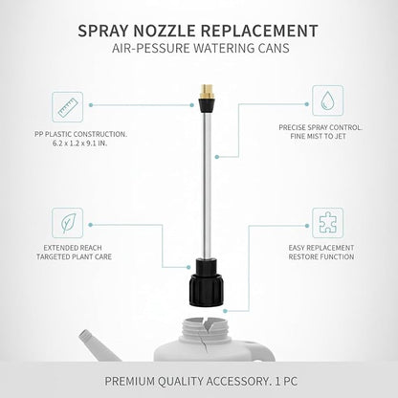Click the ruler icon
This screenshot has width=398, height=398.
click(67, 107)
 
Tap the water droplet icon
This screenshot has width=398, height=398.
click(327, 100)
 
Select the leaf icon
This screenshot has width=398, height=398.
click(67, 223)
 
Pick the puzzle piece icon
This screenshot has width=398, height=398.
click(327, 223)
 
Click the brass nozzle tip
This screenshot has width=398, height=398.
click(205, 92)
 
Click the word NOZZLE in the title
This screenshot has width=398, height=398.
click(165, 31)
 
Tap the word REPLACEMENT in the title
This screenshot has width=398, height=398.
click(259, 31)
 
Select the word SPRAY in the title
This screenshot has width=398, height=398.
click(103, 31)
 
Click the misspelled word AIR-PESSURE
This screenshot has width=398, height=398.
click(151, 48)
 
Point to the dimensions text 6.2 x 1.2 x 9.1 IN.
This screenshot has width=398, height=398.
click(79, 144)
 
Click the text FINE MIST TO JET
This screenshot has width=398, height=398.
click(318, 137)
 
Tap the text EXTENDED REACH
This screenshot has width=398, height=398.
click(73, 248)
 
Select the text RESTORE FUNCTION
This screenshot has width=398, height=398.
click(321, 257)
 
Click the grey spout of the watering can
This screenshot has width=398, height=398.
click(98, 345)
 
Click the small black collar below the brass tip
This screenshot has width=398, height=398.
click(205, 104)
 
